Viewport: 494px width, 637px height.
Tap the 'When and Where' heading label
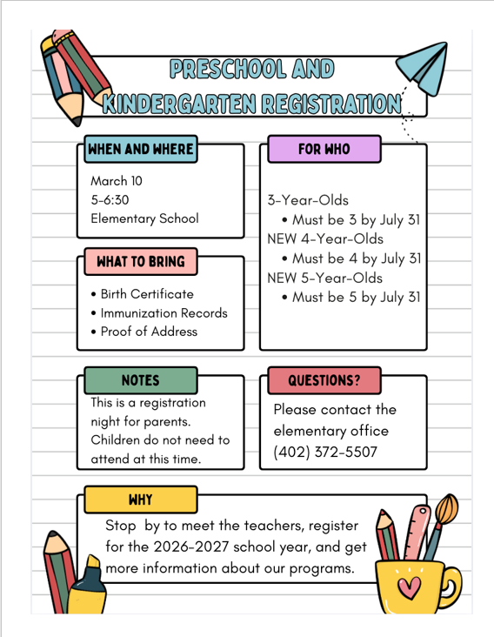click(139, 150)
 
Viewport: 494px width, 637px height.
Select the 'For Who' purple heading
click(324, 149)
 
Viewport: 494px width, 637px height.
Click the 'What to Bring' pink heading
click(140, 261)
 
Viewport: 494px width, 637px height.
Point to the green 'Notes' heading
click(140, 380)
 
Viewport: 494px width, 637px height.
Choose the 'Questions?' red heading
click(324, 380)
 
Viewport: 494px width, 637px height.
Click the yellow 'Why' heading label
click(140, 500)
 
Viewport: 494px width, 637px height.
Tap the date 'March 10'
click(117, 182)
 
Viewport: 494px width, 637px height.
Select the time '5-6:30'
click(110, 200)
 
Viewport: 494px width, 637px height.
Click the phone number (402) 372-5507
click(325, 452)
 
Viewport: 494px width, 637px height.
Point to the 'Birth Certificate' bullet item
click(146, 294)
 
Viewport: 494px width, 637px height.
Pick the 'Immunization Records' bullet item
click(164, 312)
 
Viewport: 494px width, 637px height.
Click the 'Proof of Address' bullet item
click(149, 331)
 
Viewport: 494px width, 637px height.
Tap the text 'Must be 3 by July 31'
click(356, 219)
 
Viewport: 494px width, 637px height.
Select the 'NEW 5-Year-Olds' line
click(324, 278)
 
